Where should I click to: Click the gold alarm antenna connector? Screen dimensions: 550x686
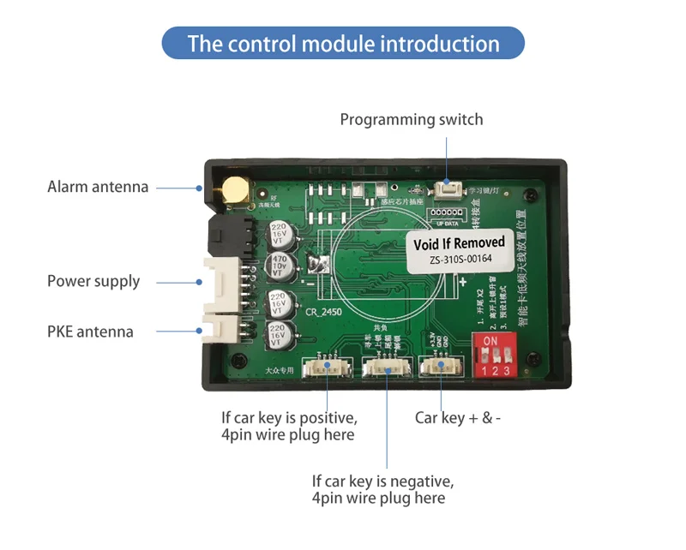click(233, 190)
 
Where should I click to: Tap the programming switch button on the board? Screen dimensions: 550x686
click(446, 189)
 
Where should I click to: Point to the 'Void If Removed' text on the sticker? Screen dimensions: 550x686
click(459, 244)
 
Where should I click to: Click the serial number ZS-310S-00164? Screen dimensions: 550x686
click(461, 260)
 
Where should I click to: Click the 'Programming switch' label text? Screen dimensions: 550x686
click(412, 119)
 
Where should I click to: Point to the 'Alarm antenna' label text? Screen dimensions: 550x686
click(98, 187)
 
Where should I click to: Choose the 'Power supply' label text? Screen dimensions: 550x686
click(93, 281)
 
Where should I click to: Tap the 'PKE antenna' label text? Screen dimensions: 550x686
click(90, 331)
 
